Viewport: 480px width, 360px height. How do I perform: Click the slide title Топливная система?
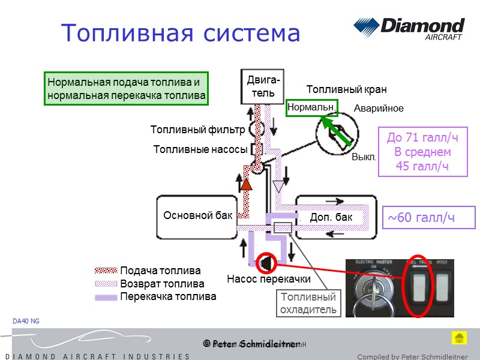click(181, 33)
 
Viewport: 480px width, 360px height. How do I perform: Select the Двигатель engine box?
click(263, 87)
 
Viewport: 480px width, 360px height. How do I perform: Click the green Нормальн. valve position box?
click(311, 107)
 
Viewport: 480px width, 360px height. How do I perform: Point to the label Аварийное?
click(379, 109)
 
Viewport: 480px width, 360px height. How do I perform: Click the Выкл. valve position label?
click(364, 157)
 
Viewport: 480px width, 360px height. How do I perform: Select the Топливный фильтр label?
click(197, 130)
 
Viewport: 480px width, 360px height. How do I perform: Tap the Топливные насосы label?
click(200, 149)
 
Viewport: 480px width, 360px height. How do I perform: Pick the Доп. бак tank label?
click(331, 217)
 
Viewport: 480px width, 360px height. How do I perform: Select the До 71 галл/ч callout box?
click(422, 152)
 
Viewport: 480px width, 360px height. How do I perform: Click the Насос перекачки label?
click(268, 279)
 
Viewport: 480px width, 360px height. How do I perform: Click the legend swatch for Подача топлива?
click(106, 271)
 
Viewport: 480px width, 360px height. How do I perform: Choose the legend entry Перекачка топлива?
click(168, 296)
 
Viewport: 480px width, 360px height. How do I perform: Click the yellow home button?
click(458, 337)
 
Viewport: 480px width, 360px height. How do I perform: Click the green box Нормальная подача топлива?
click(126, 89)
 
